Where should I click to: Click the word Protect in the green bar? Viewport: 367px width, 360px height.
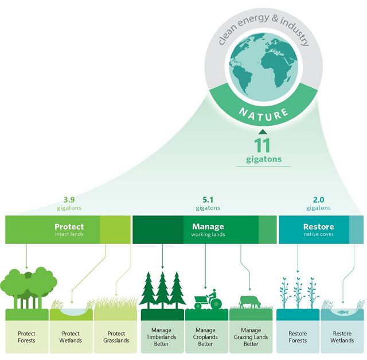click(69, 226)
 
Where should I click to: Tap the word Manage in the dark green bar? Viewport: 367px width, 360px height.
click(208, 226)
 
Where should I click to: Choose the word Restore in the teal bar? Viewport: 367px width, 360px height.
click(318, 226)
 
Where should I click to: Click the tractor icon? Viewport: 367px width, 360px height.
click(208, 300)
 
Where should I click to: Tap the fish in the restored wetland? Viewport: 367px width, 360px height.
click(342, 312)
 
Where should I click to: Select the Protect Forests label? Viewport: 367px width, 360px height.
click(26, 337)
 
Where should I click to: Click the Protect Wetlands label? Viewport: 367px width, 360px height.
click(71, 337)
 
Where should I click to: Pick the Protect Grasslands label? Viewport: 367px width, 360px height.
click(116, 337)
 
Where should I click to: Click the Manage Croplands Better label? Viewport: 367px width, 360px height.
click(206, 337)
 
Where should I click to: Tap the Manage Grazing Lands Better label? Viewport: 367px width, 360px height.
click(251, 337)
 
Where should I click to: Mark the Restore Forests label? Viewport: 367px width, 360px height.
click(298, 337)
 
